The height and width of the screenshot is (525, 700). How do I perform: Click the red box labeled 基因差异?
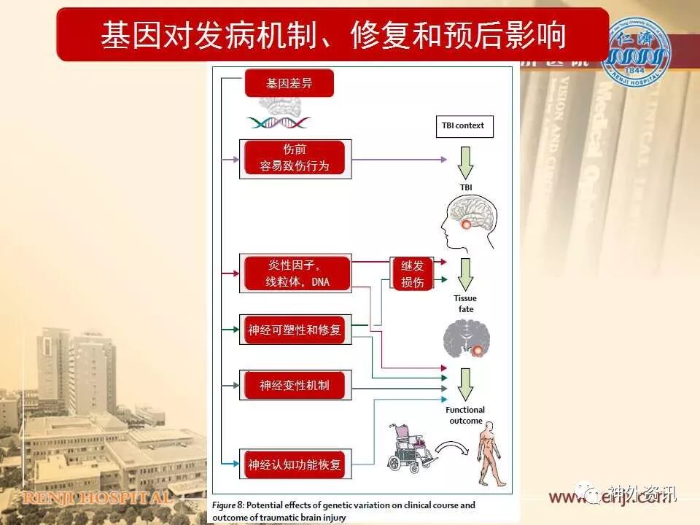point(289,83)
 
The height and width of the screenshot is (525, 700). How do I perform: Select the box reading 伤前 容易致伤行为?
point(295,157)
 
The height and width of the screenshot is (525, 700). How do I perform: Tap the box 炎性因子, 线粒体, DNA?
point(295,273)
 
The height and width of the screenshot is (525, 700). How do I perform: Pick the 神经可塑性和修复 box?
point(295,330)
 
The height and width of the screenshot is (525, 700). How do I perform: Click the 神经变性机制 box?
point(295,385)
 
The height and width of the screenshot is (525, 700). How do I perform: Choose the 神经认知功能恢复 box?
point(295,464)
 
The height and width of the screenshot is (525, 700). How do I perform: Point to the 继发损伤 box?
point(412,273)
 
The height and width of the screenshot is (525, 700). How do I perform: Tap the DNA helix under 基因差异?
point(278,122)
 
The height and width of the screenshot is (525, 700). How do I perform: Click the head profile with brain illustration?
point(471,222)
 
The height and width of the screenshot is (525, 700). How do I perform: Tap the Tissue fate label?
point(465,303)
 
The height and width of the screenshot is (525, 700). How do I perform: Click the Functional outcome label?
point(465,415)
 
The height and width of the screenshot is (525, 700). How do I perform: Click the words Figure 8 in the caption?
point(229,505)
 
